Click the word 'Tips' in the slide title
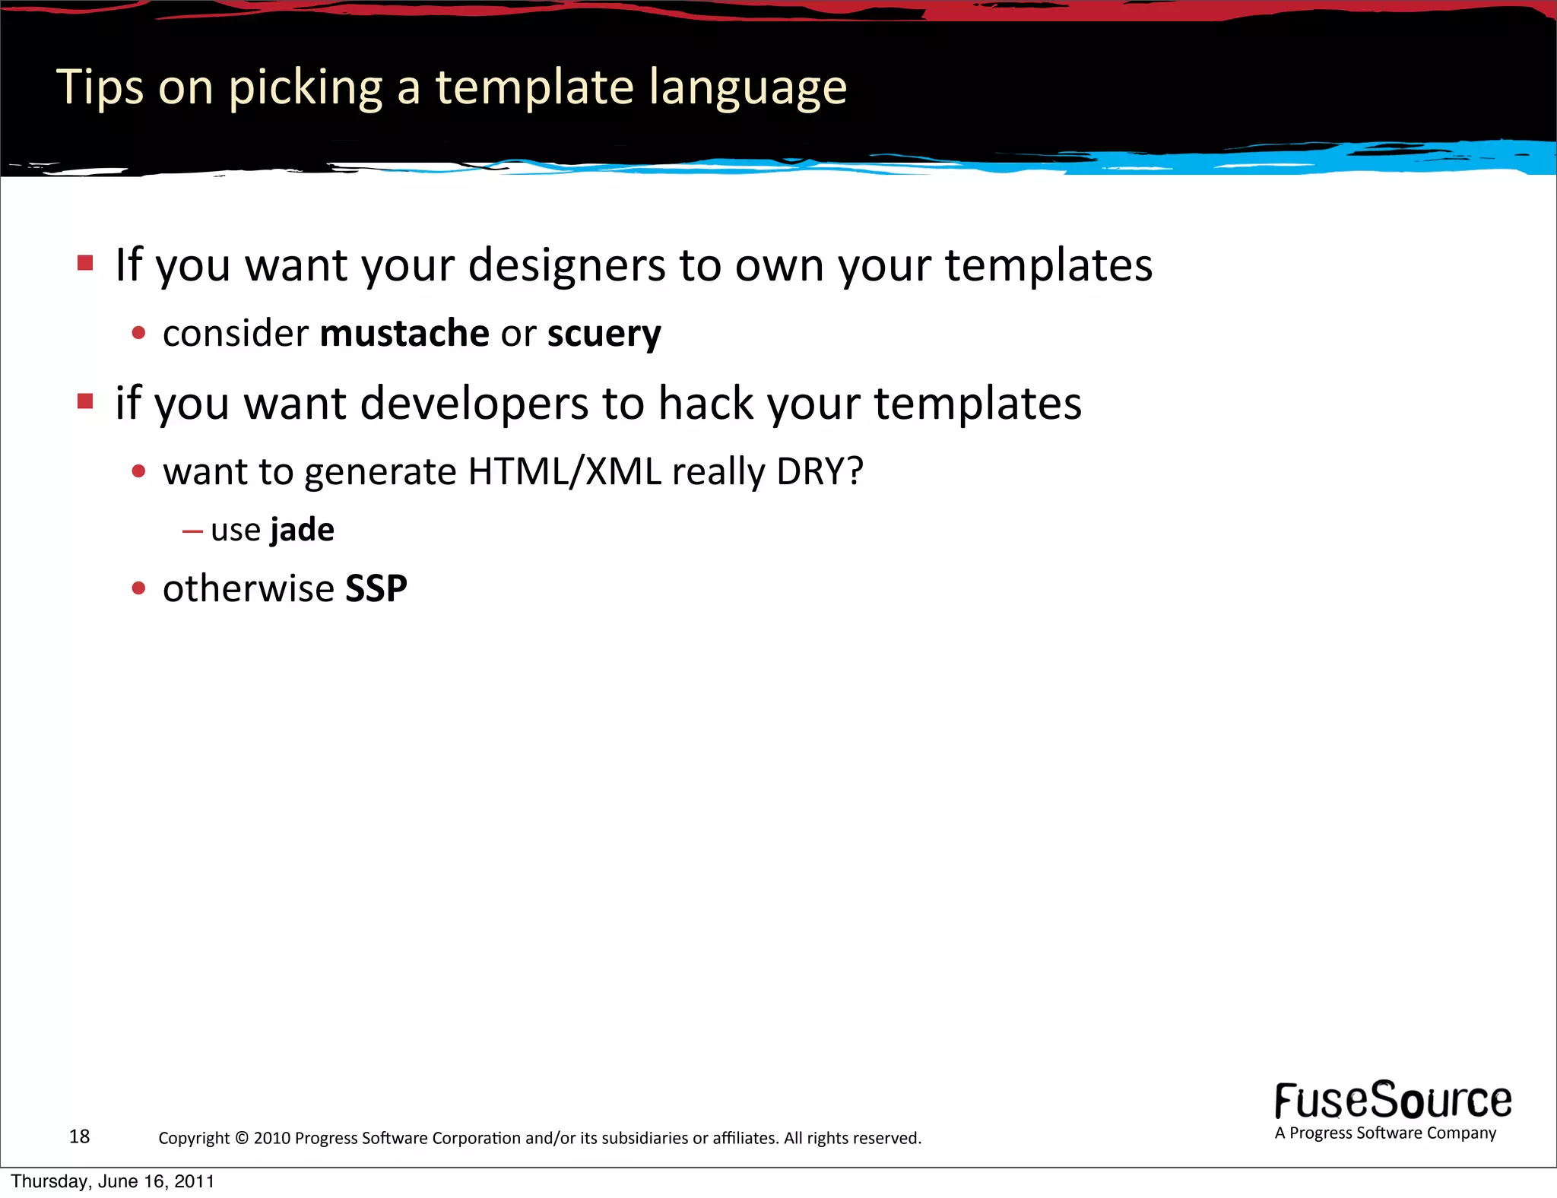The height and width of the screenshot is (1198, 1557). [99, 87]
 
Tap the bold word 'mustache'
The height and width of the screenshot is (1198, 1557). [404, 334]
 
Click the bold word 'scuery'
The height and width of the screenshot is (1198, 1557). [604, 334]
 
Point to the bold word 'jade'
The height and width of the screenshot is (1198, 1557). [302, 530]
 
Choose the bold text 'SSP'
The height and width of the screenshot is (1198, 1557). [376, 588]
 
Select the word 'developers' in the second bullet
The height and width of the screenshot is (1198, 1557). [474, 403]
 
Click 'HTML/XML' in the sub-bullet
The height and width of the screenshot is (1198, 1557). [564, 472]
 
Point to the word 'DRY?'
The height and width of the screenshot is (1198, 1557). [820, 472]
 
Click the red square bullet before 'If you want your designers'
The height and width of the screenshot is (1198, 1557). [85, 263]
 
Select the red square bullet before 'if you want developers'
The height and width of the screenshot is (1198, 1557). [85, 401]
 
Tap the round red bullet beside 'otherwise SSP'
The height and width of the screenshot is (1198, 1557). [138, 588]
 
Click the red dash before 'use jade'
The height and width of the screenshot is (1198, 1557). [192, 531]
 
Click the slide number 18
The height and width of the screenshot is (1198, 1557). [79, 1136]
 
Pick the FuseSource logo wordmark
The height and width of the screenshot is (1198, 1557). [1393, 1100]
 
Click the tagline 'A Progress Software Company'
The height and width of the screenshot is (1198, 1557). [1385, 1133]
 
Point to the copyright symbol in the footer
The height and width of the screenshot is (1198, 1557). [242, 1138]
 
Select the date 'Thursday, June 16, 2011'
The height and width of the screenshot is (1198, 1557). [113, 1182]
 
